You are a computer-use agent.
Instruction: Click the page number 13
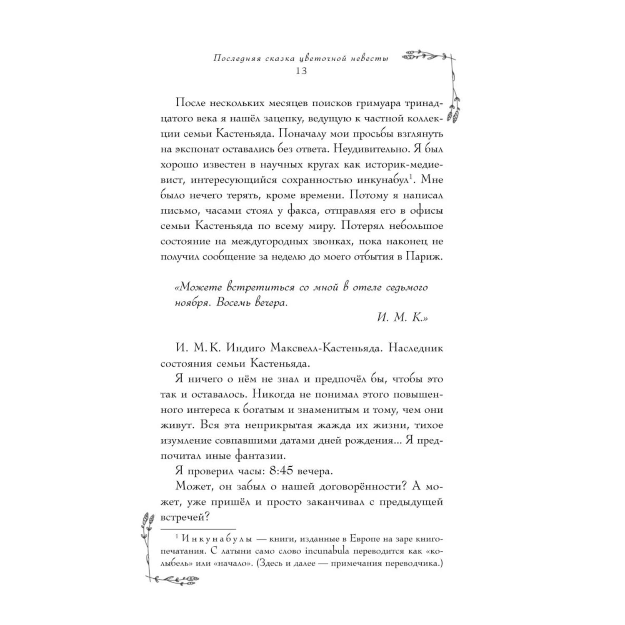[301, 71]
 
